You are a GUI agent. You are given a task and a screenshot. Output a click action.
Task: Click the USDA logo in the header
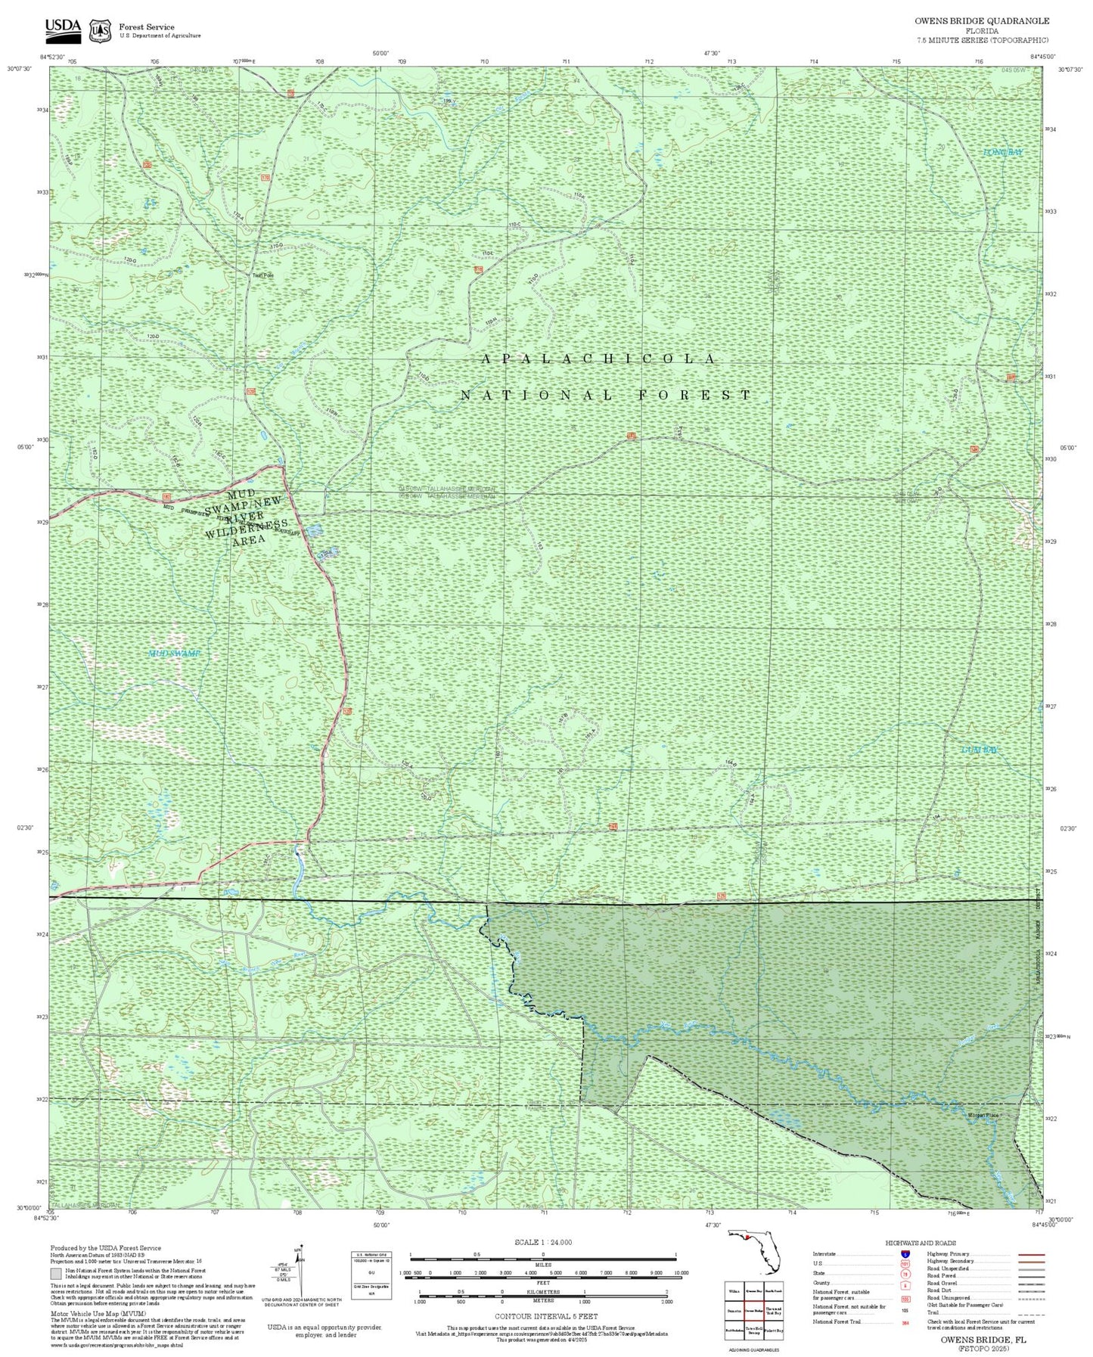pyautogui.click(x=62, y=29)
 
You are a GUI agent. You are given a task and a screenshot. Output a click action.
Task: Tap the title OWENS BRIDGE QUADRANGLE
pyautogui.click(x=981, y=21)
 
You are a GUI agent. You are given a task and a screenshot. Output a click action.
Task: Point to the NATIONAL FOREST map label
pyautogui.click(x=606, y=395)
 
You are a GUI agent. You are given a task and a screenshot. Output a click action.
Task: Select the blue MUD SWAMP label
pyautogui.click(x=173, y=654)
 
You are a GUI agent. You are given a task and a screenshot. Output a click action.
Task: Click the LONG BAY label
pyautogui.click(x=1002, y=153)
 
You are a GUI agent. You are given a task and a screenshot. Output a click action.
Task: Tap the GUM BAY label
pyautogui.click(x=980, y=750)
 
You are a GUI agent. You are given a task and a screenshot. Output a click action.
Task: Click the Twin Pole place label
pyautogui.click(x=262, y=275)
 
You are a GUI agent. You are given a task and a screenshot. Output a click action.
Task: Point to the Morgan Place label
pyautogui.click(x=983, y=1116)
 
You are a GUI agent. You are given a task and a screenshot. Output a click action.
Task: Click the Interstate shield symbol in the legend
pyautogui.click(x=905, y=1254)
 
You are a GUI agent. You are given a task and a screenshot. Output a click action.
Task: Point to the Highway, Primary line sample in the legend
pyautogui.click(x=1026, y=1254)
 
